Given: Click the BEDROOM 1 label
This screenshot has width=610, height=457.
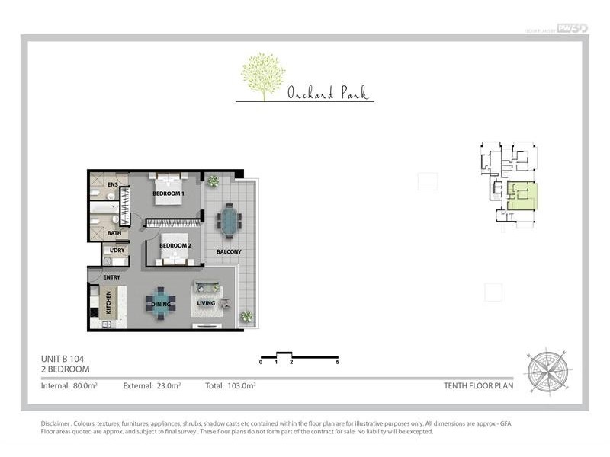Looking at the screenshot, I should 166,194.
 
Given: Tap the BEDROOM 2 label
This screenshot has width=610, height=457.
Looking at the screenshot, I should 175,246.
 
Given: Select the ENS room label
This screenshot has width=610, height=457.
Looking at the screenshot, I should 112,185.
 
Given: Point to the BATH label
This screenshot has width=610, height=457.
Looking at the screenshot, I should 114,233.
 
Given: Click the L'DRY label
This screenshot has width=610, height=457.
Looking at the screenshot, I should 117,251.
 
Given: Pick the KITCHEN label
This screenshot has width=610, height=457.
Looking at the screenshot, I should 108,303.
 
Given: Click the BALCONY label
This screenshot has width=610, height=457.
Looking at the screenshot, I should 229,252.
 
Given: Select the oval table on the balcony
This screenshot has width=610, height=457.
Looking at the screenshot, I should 229,222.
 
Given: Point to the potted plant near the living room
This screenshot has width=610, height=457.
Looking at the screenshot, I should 246,316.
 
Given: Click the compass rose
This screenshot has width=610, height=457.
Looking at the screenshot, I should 545,370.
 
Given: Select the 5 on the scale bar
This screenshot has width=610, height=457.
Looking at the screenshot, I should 337,363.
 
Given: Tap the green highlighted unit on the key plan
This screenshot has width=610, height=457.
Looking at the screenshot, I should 524,196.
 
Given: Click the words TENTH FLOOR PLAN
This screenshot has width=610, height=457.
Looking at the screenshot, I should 478,386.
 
